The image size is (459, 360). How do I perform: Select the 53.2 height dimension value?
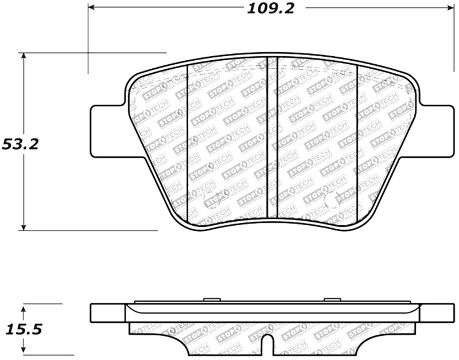click(x=21, y=144)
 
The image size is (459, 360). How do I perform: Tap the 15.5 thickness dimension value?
click(x=23, y=330)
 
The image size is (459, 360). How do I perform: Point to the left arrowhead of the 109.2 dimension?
click(x=92, y=7)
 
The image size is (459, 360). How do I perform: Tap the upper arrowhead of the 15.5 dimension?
click(x=24, y=308)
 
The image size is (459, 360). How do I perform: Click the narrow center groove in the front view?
click(x=273, y=138)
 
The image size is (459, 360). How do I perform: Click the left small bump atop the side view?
click(x=212, y=299)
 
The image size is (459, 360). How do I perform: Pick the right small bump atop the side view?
click(x=332, y=299)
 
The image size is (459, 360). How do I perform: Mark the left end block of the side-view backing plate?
click(x=108, y=313)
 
